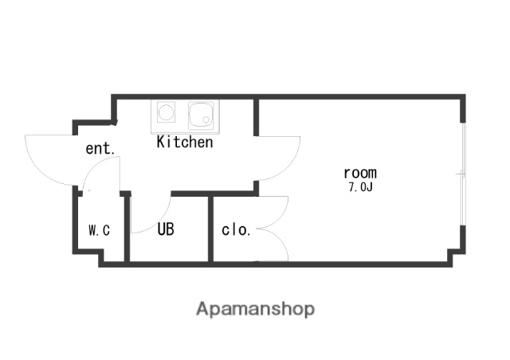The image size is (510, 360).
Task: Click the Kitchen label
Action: point(185,142)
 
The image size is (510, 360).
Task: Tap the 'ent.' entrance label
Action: point(100,149)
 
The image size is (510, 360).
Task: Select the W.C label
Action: point(99,230)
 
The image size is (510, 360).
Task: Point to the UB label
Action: point(166,229)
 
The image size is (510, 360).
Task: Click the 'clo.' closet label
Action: point(236,230)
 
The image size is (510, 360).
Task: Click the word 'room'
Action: point(360,173)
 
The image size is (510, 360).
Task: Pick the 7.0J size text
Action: point(360,187)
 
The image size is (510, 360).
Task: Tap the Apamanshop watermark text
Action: point(255,309)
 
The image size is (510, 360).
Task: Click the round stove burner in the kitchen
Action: point(166,112)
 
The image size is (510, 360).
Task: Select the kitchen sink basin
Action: point(201,115)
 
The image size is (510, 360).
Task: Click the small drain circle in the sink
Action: point(206,119)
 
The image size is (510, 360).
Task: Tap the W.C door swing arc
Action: point(93,166)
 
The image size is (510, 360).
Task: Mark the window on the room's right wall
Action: point(464,174)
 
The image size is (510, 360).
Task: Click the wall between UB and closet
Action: point(210,229)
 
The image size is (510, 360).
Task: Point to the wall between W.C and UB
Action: point(127,229)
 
